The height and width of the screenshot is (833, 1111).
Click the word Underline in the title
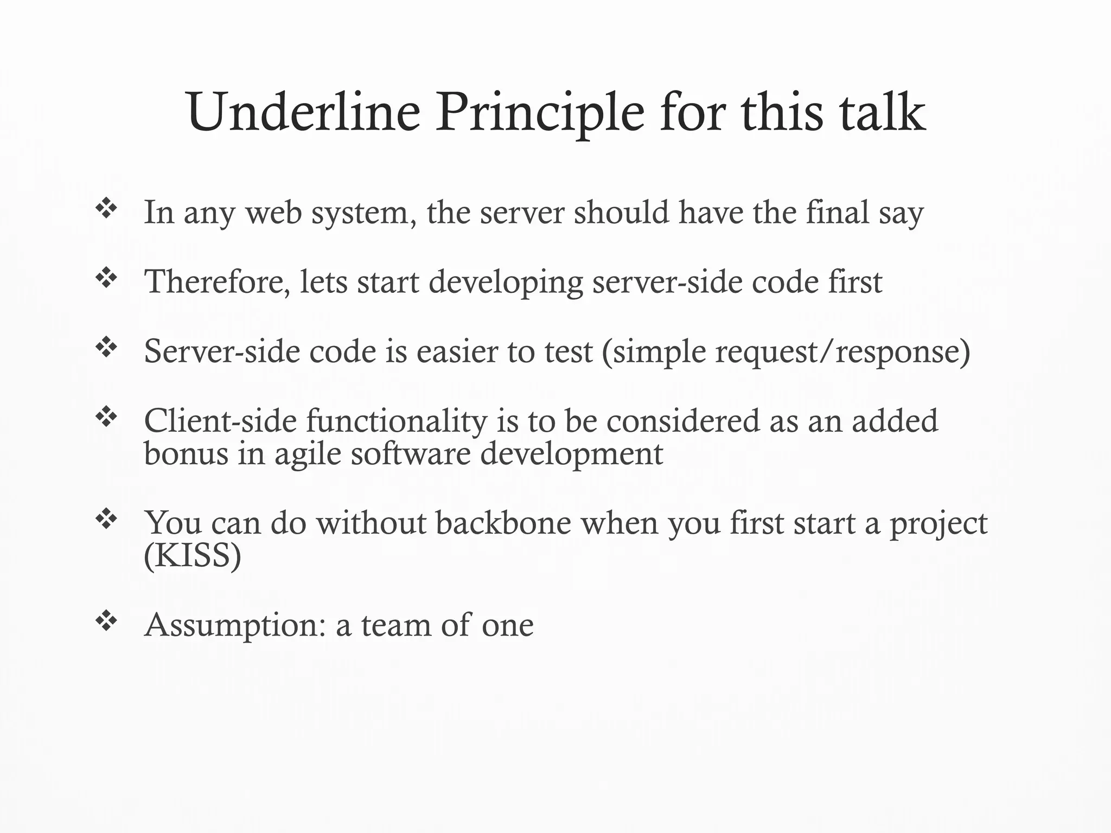[x=304, y=113]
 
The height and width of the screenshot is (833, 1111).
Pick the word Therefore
[x=217, y=282]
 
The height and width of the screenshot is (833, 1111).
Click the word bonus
[x=186, y=453]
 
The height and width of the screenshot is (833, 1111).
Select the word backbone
[x=503, y=523]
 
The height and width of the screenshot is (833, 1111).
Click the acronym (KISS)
[x=193, y=555]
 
